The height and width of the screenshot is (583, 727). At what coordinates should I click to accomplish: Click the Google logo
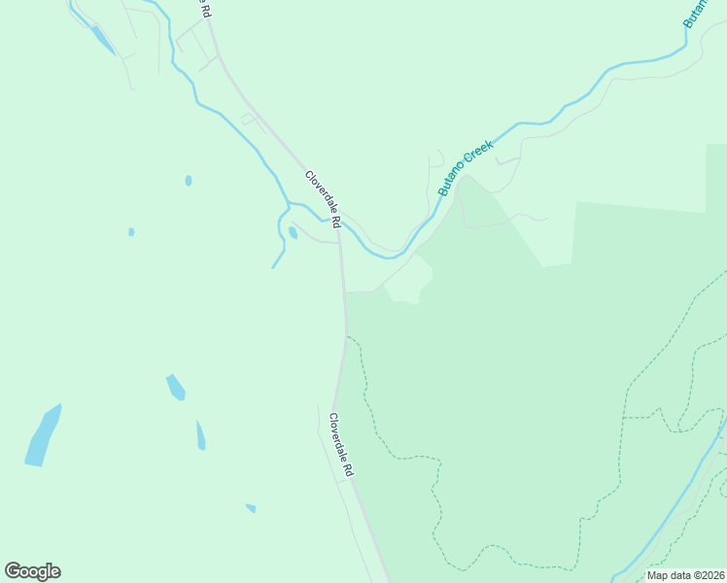(x=32, y=571)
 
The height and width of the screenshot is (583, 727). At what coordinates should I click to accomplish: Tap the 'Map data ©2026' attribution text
(x=685, y=575)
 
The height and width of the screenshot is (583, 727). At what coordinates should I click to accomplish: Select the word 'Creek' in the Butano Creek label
(x=478, y=155)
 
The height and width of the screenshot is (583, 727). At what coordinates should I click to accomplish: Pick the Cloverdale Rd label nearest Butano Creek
(x=324, y=200)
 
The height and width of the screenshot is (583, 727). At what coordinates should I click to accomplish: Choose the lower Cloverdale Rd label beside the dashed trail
(x=340, y=444)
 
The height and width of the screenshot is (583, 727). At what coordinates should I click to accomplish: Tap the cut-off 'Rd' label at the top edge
(x=205, y=9)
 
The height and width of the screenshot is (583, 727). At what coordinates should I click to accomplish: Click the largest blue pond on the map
(x=42, y=436)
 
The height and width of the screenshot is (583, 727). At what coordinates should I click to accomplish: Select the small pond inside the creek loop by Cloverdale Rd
(x=293, y=233)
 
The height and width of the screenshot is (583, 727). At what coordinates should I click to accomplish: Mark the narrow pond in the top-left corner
(x=101, y=40)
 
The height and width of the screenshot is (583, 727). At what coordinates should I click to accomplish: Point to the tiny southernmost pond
(x=251, y=508)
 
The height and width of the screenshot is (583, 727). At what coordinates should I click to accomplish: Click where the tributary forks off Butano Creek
(x=289, y=206)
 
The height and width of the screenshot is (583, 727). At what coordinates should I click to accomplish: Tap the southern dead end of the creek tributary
(x=273, y=267)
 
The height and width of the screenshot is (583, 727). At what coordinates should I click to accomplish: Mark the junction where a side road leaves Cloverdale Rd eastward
(x=344, y=291)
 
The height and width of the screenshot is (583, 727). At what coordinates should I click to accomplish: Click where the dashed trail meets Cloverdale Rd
(x=346, y=337)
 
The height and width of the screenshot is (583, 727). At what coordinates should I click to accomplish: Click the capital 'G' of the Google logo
(x=13, y=571)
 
